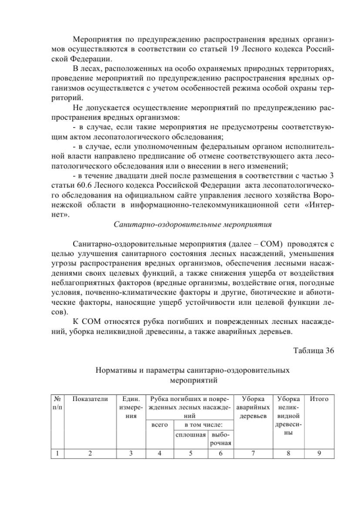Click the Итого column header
click(319, 399)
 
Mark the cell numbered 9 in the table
click(319, 453)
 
